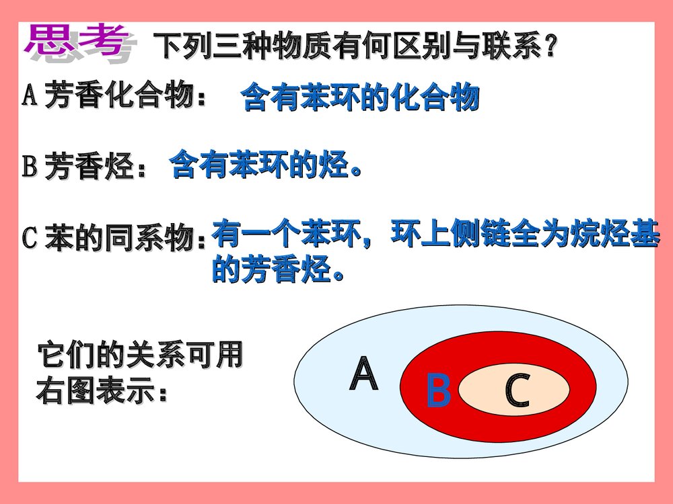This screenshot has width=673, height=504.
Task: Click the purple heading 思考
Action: [76, 42]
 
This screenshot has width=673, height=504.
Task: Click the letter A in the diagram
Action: [364, 375]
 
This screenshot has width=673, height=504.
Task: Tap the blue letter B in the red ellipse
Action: [439, 391]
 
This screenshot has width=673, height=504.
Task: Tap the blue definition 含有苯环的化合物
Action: [360, 97]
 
